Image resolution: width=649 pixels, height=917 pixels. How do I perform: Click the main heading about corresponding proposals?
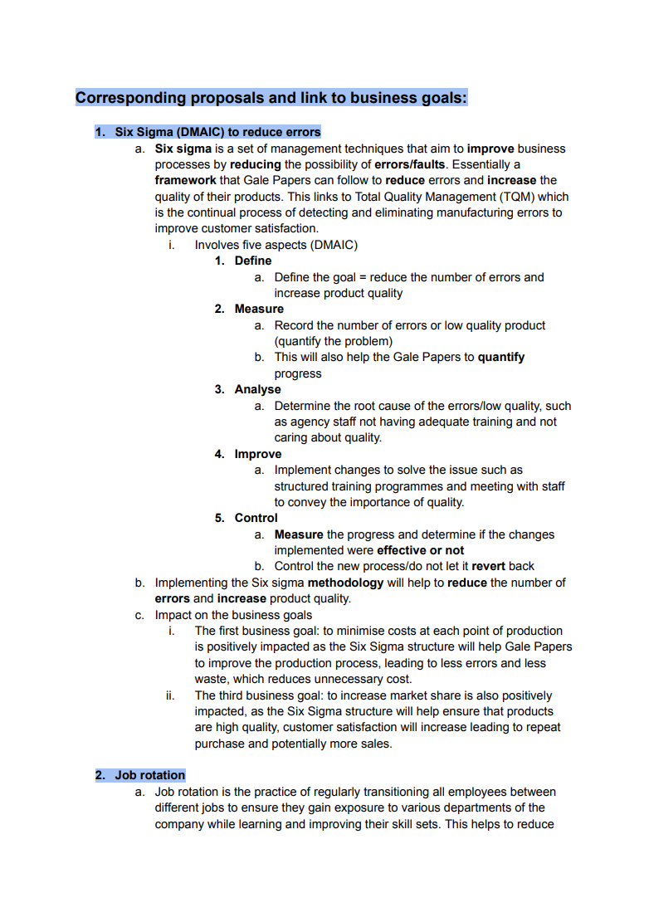271,98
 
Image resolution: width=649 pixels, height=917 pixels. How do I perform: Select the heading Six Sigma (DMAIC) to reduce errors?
217,132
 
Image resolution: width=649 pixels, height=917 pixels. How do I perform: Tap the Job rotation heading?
150,775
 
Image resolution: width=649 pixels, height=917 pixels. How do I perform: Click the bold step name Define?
253,261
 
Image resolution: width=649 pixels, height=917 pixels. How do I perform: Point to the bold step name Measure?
259,309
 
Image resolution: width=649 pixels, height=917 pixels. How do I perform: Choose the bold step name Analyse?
258,389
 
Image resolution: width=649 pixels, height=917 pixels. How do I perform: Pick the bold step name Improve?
258,454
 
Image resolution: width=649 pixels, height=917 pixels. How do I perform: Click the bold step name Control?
256,518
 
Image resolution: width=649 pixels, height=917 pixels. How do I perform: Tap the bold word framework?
185,180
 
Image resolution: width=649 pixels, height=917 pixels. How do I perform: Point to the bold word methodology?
345,583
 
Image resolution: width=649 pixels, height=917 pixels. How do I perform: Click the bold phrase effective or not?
421,550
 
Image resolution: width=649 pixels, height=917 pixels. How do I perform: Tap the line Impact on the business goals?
233,615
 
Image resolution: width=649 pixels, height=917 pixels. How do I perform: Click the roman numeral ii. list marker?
169,695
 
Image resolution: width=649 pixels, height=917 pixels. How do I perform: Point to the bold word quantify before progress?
501,357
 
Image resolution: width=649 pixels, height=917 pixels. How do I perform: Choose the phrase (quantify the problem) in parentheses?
334,341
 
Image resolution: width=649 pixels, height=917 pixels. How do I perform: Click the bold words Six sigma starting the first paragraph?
183,149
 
